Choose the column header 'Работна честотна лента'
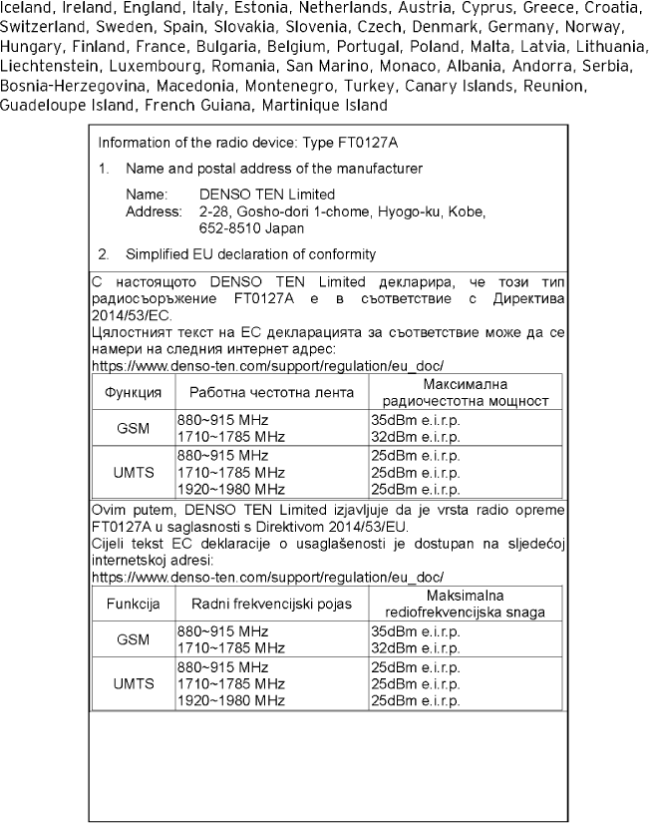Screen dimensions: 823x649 pyautogui.click(x=272, y=392)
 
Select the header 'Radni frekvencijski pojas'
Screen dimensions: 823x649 pyautogui.click(x=272, y=605)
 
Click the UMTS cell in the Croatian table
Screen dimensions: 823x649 pyautogui.click(x=133, y=683)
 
